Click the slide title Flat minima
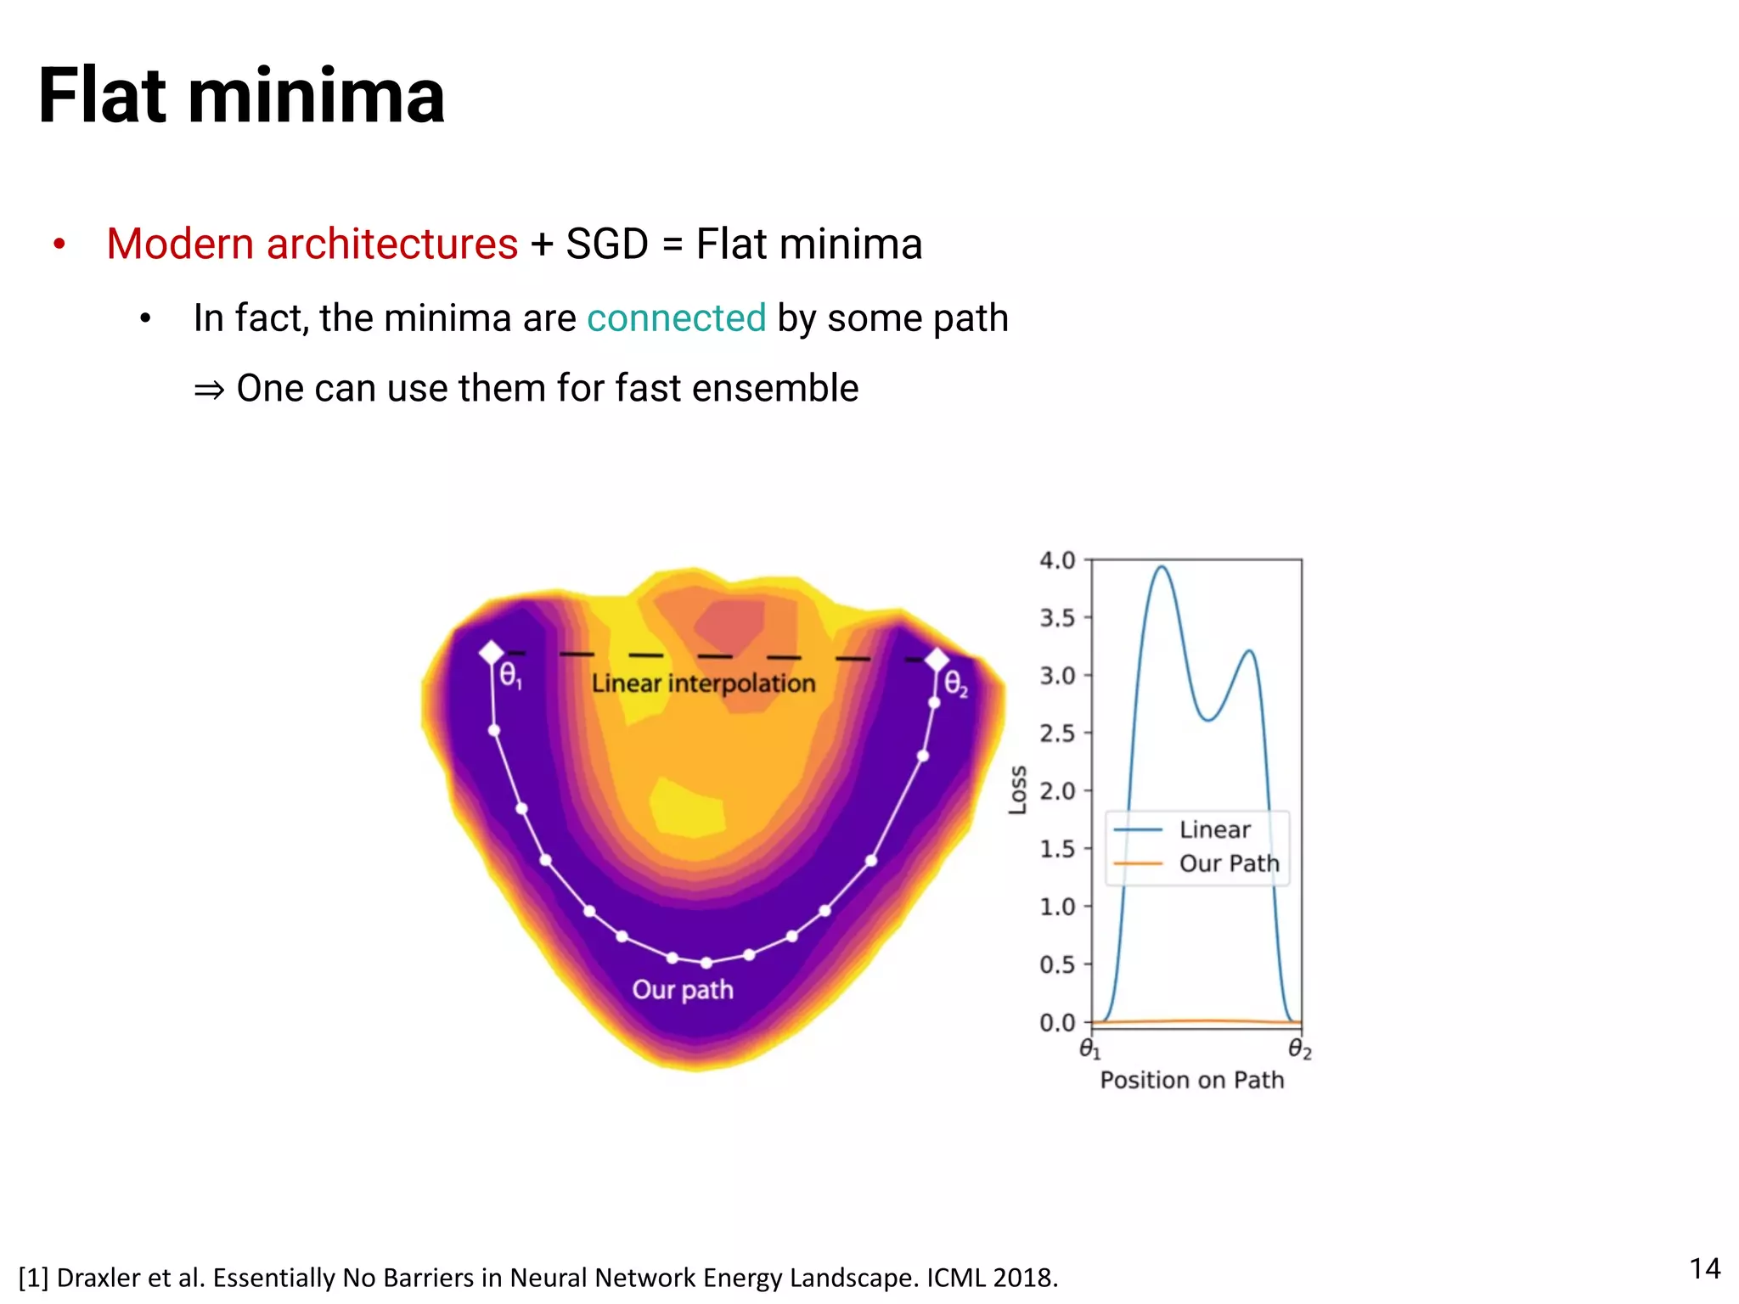[x=241, y=96]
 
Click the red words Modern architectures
[x=312, y=244]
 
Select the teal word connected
[x=676, y=318]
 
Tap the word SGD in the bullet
[x=606, y=244]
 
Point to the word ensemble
[x=774, y=389]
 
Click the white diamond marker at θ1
[x=492, y=653]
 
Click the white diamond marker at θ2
[x=937, y=659]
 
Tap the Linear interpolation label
[x=703, y=683]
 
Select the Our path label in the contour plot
[x=682, y=990]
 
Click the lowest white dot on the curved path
[x=706, y=963]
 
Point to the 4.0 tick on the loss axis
[x=1057, y=560]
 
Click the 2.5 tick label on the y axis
[x=1057, y=733]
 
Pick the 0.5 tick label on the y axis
[x=1057, y=965]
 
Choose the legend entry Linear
[x=1214, y=829]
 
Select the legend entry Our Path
[x=1228, y=863]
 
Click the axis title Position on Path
[x=1191, y=1080]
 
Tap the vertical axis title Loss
[x=1017, y=790]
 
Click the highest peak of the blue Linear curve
[x=1162, y=567]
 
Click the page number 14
[x=1704, y=1268]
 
